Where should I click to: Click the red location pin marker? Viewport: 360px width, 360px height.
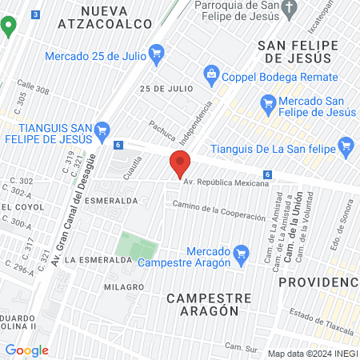tap(180, 163)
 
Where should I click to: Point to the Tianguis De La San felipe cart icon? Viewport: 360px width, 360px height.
tap(346, 146)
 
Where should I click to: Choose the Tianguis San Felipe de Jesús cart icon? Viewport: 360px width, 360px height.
tap(102, 130)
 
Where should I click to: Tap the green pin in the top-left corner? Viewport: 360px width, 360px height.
tap(9, 26)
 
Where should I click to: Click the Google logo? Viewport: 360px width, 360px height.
tap(26, 350)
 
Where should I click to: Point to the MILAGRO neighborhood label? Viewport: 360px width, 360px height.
tap(123, 286)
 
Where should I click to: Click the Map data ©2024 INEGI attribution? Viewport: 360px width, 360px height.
tap(311, 354)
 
